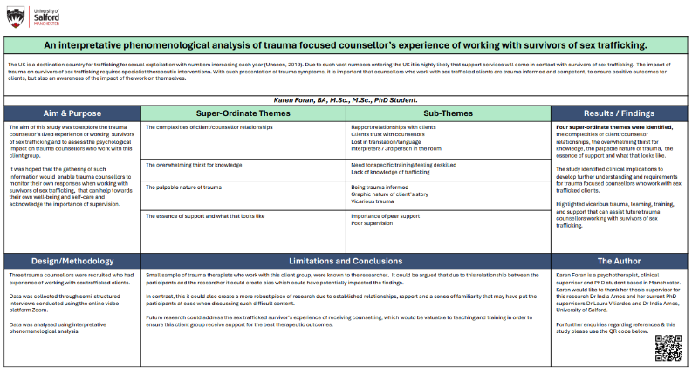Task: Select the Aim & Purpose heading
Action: click(72, 113)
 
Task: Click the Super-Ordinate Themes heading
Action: click(243, 113)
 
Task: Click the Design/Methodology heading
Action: click(72, 261)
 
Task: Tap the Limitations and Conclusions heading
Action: click(346, 261)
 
